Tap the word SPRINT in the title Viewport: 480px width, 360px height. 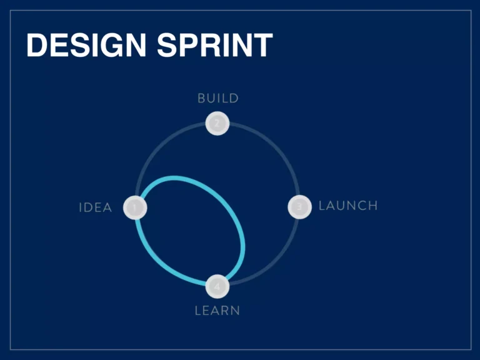click(x=215, y=46)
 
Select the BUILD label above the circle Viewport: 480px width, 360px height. click(x=217, y=98)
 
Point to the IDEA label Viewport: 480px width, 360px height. click(x=96, y=207)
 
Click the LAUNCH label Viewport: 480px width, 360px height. click(x=348, y=206)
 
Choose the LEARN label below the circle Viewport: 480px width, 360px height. click(x=217, y=311)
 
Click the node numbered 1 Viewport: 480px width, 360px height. click(x=135, y=207)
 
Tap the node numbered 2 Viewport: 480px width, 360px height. click(x=217, y=123)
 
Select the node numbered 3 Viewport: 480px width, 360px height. click(x=299, y=206)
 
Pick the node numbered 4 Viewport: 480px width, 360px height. click(x=217, y=286)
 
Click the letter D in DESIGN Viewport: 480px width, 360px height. click(x=37, y=46)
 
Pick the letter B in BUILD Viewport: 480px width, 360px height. click(x=201, y=98)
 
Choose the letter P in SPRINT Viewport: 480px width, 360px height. click(x=188, y=46)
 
